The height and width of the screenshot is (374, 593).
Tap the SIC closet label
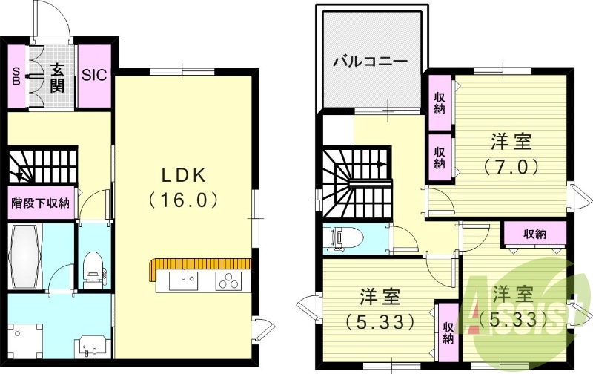[94, 75]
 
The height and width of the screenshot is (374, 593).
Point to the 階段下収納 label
[40, 202]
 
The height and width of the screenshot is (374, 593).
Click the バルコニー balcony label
[368, 61]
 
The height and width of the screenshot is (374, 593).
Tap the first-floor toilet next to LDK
[93, 263]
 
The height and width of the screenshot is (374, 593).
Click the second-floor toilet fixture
[345, 238]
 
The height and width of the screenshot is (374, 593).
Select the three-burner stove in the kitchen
[228, 281]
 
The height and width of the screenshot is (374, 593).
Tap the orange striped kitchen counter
[196, 263]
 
